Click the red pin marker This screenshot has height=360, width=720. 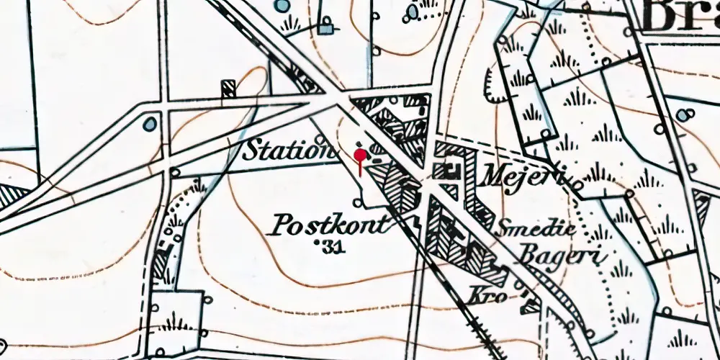pos(359,155)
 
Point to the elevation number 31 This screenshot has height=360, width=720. pos(332,247)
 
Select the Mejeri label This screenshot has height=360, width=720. pos(522,175)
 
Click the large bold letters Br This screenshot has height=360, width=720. pos(677,18)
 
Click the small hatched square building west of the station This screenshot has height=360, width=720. pos(229,88)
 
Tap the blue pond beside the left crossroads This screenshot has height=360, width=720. pos(149,124)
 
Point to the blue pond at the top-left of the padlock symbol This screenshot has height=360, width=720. pos(282,6)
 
